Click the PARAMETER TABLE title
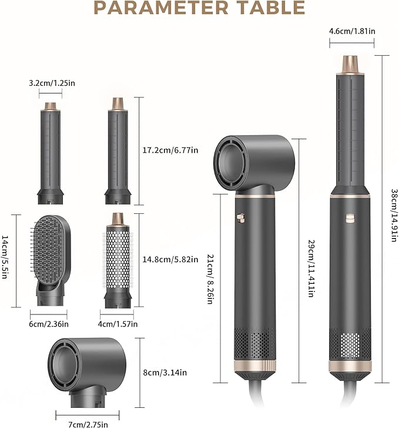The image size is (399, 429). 199,8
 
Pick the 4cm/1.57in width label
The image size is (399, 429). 118,323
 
